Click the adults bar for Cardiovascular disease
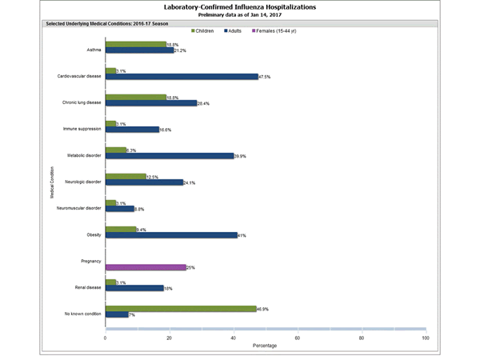(182, 77)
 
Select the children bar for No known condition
(180, 308)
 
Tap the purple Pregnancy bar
(145, 267)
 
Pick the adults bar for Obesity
(170, 235)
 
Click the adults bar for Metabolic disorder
(169, 156)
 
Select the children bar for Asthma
(135, 45)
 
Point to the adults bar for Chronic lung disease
(150, 103)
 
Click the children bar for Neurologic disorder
(126, 176)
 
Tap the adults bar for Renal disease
(134, 288)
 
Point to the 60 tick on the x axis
(298, 338)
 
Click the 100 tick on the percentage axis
(425, 338)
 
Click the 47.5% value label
(266, 77)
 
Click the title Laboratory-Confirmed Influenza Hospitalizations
(239, 7)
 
